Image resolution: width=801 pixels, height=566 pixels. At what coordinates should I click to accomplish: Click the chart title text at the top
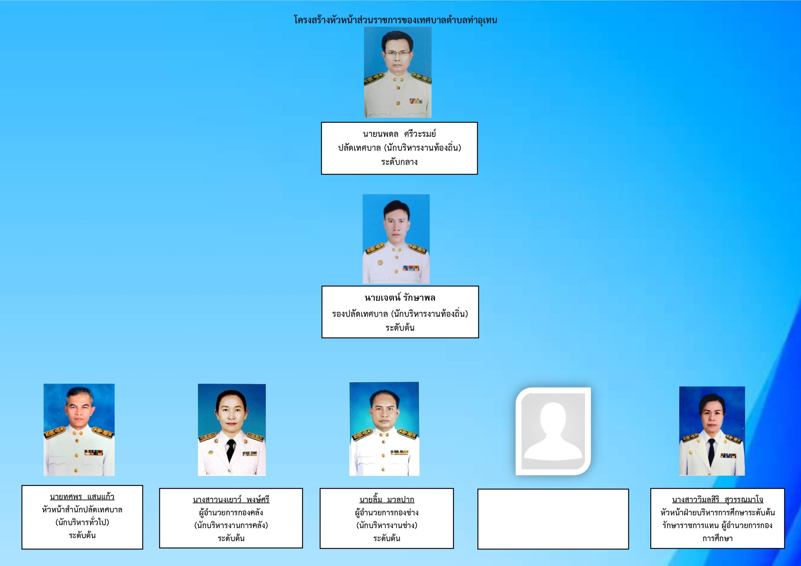(395, 20)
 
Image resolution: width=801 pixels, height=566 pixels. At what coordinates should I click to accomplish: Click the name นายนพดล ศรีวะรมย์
(400, 134)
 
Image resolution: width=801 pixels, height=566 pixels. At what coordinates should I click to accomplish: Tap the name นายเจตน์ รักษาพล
(400, 298)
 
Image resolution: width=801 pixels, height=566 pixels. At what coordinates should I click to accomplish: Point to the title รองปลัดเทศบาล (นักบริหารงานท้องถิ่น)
(400, 314)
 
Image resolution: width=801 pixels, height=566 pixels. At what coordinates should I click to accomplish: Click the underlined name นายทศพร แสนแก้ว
(82, 497)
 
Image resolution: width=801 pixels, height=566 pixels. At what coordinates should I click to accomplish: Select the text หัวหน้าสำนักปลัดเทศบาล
(82, 509)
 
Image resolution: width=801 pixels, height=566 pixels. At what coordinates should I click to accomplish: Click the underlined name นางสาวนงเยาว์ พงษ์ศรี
(231, 499)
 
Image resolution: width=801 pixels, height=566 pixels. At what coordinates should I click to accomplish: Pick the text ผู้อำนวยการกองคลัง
(231, 512)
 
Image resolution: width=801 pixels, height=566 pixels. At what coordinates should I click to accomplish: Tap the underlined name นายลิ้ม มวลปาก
(386, 499)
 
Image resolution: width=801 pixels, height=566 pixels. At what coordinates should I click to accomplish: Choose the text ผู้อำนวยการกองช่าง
(386, 512)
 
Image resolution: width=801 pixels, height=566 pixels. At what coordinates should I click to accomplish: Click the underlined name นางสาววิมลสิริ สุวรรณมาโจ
(718, 499)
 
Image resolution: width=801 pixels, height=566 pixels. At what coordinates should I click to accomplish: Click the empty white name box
(553, 519)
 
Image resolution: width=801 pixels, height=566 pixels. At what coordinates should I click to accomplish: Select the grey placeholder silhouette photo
(553, 431)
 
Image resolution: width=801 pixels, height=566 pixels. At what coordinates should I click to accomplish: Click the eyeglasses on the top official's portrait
(398, 54)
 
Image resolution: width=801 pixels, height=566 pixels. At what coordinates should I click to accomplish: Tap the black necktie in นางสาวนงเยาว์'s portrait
(231, 450)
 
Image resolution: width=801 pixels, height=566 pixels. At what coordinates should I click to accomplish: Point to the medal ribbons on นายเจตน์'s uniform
(411, 268)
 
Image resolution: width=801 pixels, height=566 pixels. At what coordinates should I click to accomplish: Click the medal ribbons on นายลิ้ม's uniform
(400, 452)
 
